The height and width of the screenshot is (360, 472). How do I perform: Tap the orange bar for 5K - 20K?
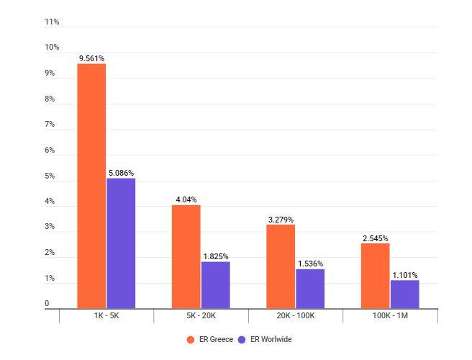pyautogui.click(x=186, y=256)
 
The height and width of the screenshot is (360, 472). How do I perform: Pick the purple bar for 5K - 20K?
pyautogui.click(x=215, y=285)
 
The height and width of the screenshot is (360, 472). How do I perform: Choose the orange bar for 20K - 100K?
pyautogui.click(x=281, y=266)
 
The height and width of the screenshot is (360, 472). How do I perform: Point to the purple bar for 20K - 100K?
pyautogui.click(x=310, y=289)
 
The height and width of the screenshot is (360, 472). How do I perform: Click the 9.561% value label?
pyautogui.click(x=92, y=58)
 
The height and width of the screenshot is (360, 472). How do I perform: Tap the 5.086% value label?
pyautogui.click(x=121, y=173)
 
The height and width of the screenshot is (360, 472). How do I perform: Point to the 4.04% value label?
pyautogui.click(x=186, y=199)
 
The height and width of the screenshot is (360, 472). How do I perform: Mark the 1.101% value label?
pyautogui.click(x=405, y=275)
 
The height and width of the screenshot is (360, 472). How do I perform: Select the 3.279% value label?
pyautogui.click(x=281, y=220)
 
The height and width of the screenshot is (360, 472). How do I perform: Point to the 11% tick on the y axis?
pyautogui.click(x=52, y=22)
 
